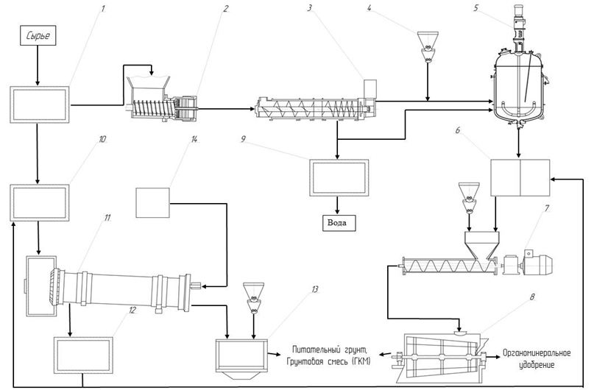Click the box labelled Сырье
[x=38, y=35]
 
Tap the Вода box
[x=339, y=223]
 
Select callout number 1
[x=102, y=8]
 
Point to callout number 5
[x=475, y=8]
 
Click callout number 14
[x=194, y=139]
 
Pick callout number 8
[x=532, y=297]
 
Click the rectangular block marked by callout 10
[x=40, y=202]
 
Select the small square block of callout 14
[x=152, y=203]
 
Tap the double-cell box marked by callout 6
[x=520, y=177]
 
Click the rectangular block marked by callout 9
[x=339, y=177]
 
